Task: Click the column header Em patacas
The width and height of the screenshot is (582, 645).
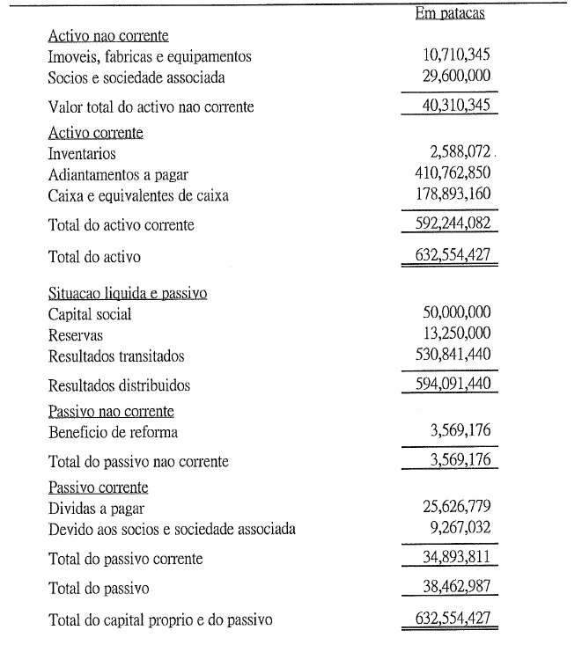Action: click(449, 13)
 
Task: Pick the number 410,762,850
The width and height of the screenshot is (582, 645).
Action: click(453, 174)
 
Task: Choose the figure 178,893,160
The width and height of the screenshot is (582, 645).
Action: click(453, 194)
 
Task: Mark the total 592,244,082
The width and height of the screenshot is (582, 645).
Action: click(453, 224)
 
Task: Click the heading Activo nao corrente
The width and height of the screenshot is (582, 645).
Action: click(108, 36)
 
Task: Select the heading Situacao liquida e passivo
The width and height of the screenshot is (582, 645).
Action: click(128, 294)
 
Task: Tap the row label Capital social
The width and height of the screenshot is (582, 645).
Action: click(90, 315)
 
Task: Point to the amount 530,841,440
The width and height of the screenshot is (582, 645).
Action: click(453, 355)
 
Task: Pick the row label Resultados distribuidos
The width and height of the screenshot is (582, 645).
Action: click(119, 385)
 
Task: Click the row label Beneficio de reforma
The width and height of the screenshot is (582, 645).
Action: click(113, 432)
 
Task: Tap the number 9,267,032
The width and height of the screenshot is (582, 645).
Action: click(458, 529)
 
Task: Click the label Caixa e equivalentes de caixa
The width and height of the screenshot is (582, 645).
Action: click(138, 195)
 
